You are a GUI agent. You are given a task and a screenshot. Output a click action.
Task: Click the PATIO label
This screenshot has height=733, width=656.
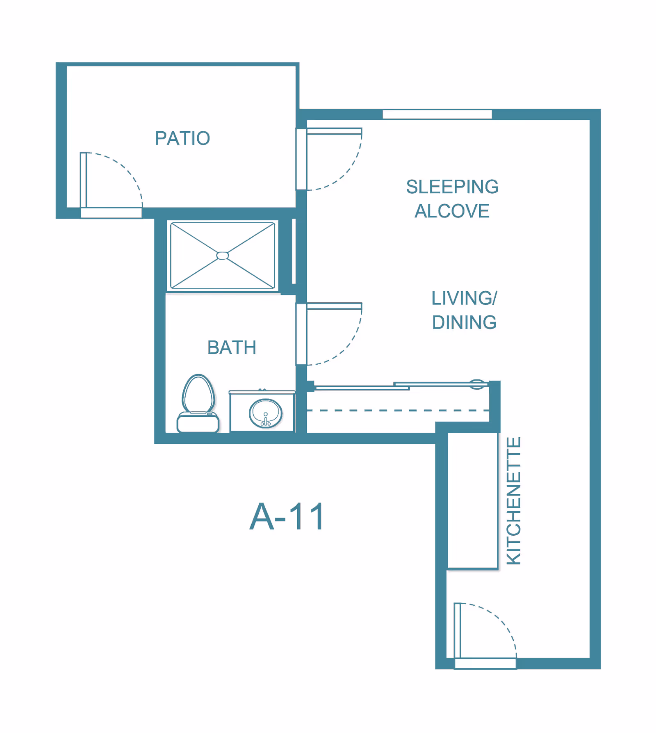[x=182, y=138]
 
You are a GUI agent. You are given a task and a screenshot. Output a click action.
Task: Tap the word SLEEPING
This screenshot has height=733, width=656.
[x=452, y=187]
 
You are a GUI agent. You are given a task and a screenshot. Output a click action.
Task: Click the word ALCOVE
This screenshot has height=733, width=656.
[x=452, y=211]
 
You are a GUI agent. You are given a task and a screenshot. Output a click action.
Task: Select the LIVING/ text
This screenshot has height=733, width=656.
[x=465, y=298]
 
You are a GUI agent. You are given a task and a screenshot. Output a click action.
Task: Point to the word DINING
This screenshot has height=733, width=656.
[x=464, y=322]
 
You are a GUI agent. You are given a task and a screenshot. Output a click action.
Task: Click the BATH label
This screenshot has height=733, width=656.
[x=232, y=348]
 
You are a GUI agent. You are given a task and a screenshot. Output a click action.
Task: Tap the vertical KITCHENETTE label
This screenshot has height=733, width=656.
[x=514, y=501]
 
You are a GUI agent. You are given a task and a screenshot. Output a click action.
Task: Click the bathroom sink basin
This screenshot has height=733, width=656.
[x=266, y=413]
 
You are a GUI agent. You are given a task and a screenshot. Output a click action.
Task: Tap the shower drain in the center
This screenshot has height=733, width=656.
[x=223, y=256]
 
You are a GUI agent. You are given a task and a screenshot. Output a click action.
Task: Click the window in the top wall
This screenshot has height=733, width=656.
[x=437, y=114]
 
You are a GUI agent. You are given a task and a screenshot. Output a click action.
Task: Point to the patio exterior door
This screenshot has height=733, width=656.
[x=111, y=185]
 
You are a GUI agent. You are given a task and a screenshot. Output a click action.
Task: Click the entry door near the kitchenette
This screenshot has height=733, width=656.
[x=485, y=636]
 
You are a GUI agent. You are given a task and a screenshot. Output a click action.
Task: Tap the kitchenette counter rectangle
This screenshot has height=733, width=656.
[x=473, y=501]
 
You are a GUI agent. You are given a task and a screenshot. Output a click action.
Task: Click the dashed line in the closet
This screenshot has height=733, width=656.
[x=398, y=410]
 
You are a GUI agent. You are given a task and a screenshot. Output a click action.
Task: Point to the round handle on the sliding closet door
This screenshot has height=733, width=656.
[x=476, y=384]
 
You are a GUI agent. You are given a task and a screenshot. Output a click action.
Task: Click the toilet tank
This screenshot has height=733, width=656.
[x=198, y=422]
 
